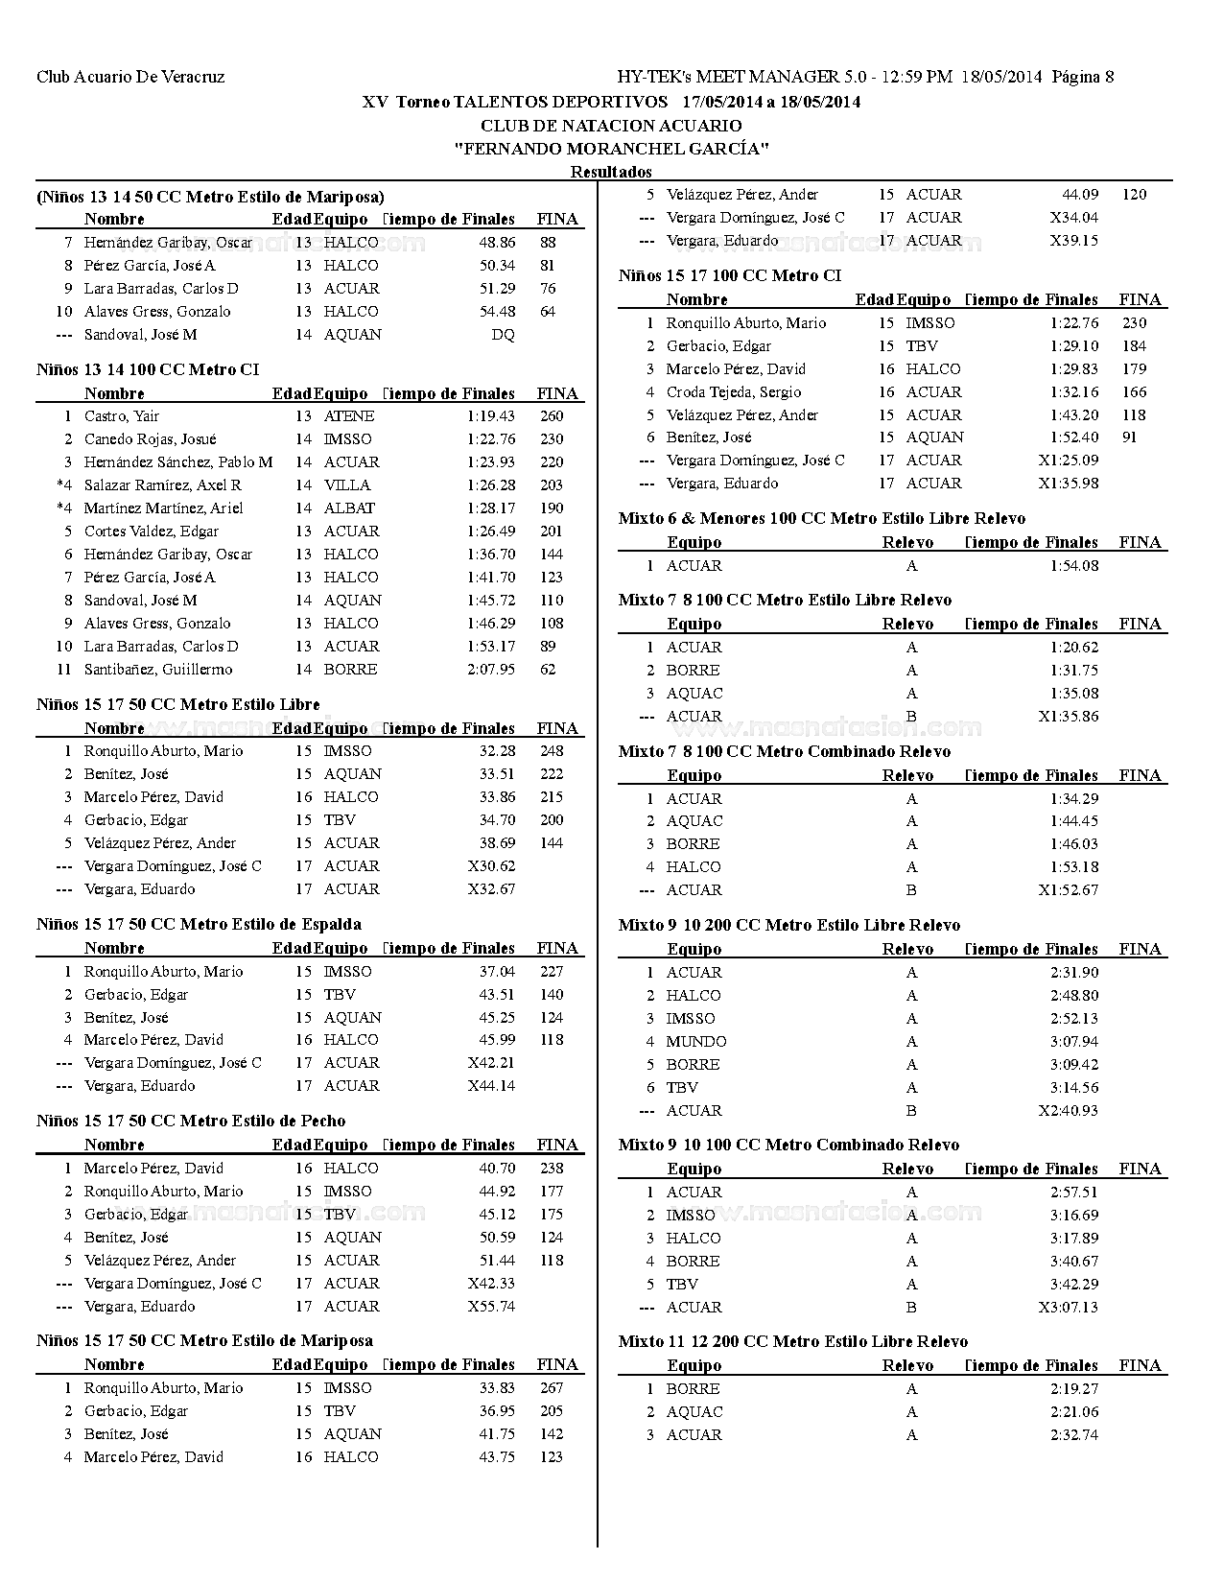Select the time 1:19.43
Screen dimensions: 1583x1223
tap(491, 416)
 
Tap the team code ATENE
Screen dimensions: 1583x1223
tap(349, 416)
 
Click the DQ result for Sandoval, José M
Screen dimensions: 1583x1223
tap(503, 335)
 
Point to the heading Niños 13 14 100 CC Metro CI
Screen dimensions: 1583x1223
tap(148, 369)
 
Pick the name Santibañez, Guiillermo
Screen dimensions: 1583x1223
tap(157, 670)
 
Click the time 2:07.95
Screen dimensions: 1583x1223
tap(491, 670)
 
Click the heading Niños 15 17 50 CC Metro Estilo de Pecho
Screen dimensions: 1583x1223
tap(191, 1121)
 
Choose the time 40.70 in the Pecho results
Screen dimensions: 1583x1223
tap(497, 1169)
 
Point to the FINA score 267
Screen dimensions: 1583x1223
tap(552, 1388)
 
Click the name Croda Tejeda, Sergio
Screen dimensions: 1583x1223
tap(734, 392)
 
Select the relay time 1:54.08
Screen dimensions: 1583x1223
tap(1074, 566)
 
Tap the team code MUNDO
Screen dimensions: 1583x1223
tap(696, 1042)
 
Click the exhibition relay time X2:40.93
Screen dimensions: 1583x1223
tap(1068, 1111)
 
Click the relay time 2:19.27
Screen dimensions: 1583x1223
tap(1074, 1389)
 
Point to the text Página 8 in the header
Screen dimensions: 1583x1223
tap(1083, 77)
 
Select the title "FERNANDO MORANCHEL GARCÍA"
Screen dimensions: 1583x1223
tap(612, 149)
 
